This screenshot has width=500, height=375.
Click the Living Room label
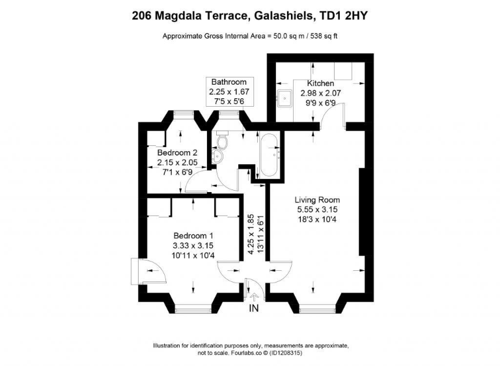pyautogui.click(x=318, y=200)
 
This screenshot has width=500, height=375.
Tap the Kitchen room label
pyautogui.click(x=320, y=83)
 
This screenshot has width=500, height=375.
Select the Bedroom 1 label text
pyautogui.click(x=193, y=236)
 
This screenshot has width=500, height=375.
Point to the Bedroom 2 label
pyautogui.click(x=177, y=153)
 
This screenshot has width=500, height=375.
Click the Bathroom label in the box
pyautogui.click(x=229, y=82)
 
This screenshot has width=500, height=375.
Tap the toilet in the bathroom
pyautogui.click(x=223, y=143)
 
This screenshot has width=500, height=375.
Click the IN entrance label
pyautogui.click(x=255, y=308)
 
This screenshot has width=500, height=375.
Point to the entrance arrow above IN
pyautogui.click(x=255, y=296)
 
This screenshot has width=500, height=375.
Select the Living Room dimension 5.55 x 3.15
pyautogui.click(x=318, y=210)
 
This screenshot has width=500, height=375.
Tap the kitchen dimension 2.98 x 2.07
pyautogui.click(x=320, y=93)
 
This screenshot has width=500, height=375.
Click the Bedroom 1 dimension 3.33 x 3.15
pyautogui.click(x=193, y=245)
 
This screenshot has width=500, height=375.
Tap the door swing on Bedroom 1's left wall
pyautogui.click(x=141, y=270)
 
